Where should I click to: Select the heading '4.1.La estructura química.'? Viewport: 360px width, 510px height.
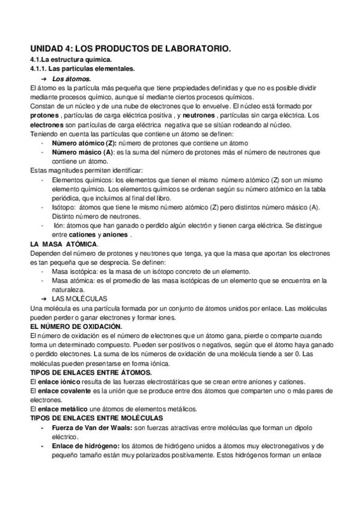[x=70, y=61]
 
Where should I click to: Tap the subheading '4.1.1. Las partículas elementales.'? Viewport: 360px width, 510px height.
[x=82, y=69]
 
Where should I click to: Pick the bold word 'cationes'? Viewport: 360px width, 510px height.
[x=82, y=235]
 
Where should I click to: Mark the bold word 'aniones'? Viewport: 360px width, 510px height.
[x=114, y=235]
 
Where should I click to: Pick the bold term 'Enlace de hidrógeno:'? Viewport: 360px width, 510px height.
[x=85, y=446]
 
